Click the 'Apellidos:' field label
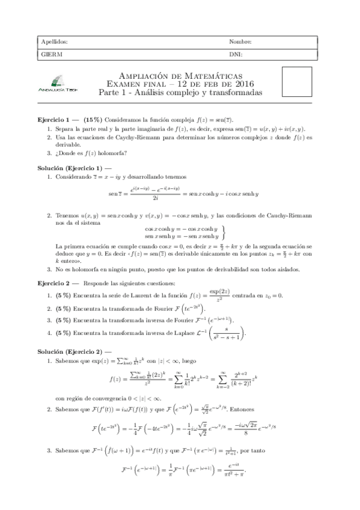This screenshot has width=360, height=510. point(54,42)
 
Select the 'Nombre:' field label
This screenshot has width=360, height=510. point(240,42)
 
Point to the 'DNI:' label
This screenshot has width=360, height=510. point(236,54)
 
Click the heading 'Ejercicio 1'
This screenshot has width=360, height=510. point(55,120)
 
